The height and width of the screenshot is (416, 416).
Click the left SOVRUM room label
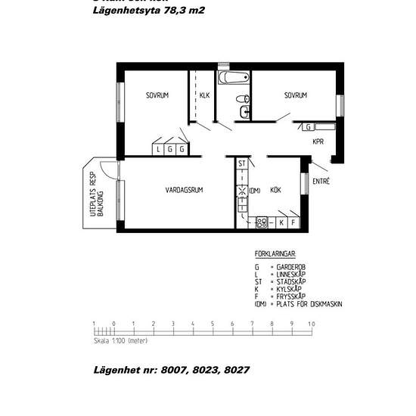(x=157, y=95)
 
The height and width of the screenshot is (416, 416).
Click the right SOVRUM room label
(x=296, y=95)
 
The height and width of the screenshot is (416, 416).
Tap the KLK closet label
(x=204, y=95)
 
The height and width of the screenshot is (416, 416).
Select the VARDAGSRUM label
(x=184, y=190)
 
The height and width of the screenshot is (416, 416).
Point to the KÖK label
(x=275, y=191)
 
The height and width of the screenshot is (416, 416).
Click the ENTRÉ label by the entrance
(x=321, y=181)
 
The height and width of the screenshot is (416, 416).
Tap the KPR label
(x=318, y=141)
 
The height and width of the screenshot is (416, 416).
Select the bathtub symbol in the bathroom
(x=233, y=78)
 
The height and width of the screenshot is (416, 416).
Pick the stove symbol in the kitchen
(x=262, y=222)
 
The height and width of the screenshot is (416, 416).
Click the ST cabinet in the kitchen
(x=242, y=164)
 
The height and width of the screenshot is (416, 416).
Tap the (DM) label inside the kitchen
(x=255, y=191)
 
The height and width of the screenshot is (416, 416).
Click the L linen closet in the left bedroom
(x=158, y=149)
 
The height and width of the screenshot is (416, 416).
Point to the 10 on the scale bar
(x=311, y=324)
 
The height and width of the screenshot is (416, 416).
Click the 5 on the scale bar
(x=213, y=324)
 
